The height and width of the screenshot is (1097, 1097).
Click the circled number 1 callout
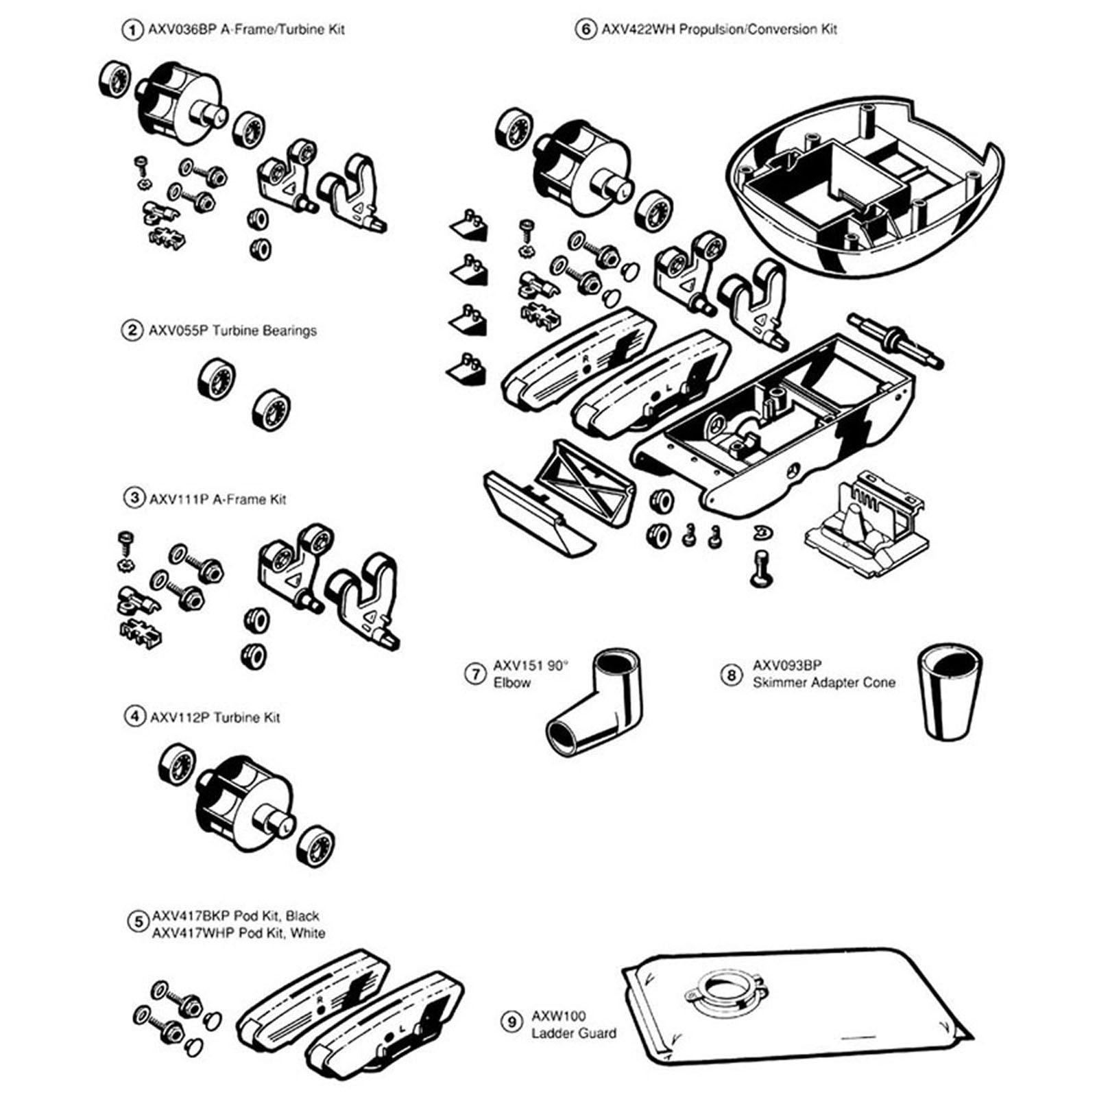pyautogui.click(x=130, y=30)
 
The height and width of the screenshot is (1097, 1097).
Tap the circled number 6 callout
pyautogui.click(x=585, y=29)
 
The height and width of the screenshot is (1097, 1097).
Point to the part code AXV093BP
pyautogui.click(x=786, y=665)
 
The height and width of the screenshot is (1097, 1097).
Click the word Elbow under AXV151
pyautogui.click(x=511, y=682)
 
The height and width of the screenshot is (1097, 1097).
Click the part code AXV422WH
pyautogui.click(x=639, y=29)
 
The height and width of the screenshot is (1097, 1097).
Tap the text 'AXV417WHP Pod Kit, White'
pyautogui.click(x=239, y=932)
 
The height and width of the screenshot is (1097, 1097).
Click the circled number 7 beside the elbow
pyautogui.click(x=475, y=674)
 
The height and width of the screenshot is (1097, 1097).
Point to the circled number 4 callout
pyautogui.click(x=133, y=716)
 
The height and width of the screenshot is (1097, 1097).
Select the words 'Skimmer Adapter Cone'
pyautogui.click(x=823, y=682)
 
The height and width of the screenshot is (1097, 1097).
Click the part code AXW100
pyautogui.click(x=558, y=1015)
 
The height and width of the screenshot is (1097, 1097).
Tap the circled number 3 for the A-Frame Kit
pyautogui.click(x=133, y=498)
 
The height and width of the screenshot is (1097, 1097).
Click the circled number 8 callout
pyautogui.click(x=731, y=675)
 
